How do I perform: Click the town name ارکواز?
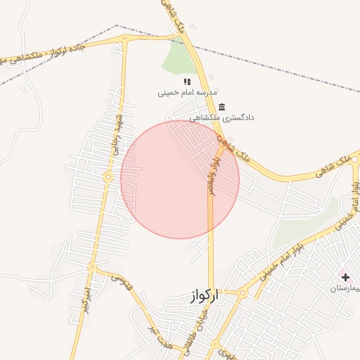click(x=204, y=297)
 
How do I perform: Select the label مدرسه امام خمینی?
click(x=187, y=93)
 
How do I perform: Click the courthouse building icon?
click(x=223, y=107)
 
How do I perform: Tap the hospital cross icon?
click(x=345, y=277)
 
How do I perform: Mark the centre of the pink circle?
click(x=180, y=179)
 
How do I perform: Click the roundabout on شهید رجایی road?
click(x=108, y=178)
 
